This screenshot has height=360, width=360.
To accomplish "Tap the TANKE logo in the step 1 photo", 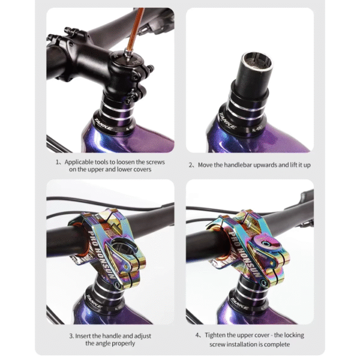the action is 103,124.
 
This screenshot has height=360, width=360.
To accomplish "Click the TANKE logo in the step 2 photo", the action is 227,121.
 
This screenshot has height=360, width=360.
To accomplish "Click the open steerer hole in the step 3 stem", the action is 122,245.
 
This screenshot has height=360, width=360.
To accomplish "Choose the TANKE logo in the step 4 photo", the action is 239,304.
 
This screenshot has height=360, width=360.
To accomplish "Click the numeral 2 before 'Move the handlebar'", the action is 190,165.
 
